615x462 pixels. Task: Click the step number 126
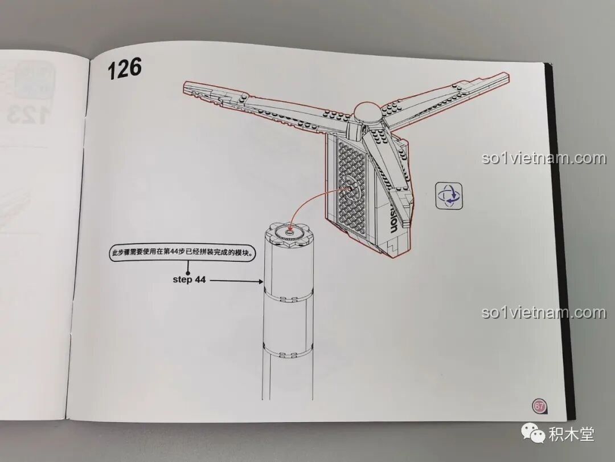(124, 68)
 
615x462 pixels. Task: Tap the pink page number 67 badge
(539, 406)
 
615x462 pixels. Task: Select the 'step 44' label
(189, 279)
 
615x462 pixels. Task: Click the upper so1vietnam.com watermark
(543, 158)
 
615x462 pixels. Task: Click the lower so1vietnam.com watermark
(543, 313)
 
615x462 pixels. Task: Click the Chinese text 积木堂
(571, 435)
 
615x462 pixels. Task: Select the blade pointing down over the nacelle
(393, 171)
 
